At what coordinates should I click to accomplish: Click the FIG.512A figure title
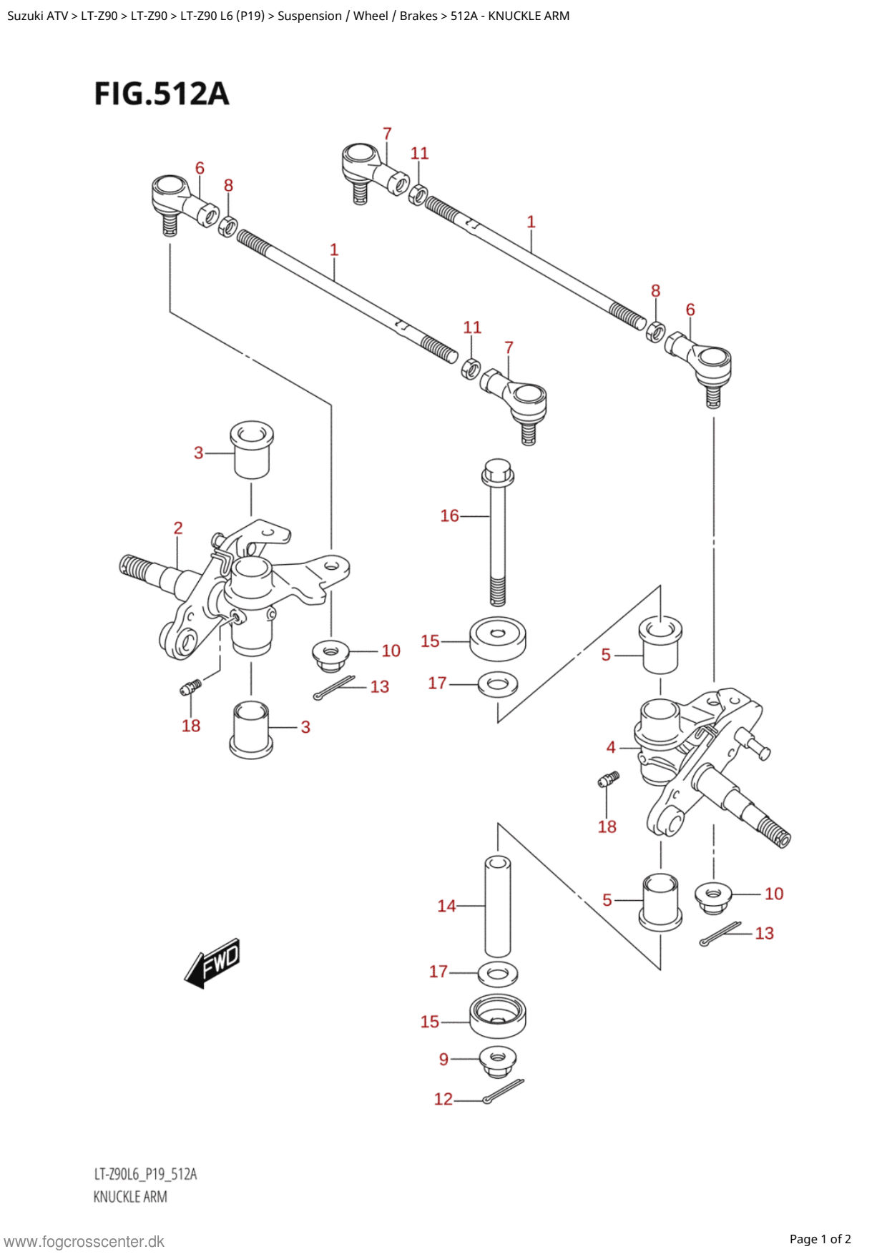[x=162, y=94]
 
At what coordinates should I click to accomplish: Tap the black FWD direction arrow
[x=212, y=963]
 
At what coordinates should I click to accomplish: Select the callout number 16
[x=449, y=515]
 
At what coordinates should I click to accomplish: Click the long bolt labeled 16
[x=498, y=533]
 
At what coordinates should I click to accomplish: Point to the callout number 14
[x=446, y=906]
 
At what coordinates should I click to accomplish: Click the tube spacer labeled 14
[x=498, y=907]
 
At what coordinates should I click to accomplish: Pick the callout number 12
[x=443, y=1099]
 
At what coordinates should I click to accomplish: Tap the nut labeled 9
[x=499, y=1062]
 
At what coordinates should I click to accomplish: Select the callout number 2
[x=178, y=528]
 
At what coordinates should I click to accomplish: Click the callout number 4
[x=611, y=747]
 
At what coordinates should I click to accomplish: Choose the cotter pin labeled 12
[x=504, y=1091]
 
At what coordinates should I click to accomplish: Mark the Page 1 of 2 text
[x=820, y=1239]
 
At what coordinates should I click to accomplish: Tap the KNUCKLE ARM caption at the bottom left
[x=130, y=1197]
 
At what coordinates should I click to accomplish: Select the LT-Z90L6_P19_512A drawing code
[x=145, y=1174]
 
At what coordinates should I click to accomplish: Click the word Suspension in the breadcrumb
[x=309, y=16]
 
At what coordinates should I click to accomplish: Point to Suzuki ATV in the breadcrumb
[x=37, y=16]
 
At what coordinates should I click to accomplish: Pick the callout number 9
[x=443, y=1059]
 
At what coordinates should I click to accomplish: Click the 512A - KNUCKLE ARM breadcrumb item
[x=510, y=16]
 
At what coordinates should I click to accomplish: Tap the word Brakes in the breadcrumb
[x=418, y=16]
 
